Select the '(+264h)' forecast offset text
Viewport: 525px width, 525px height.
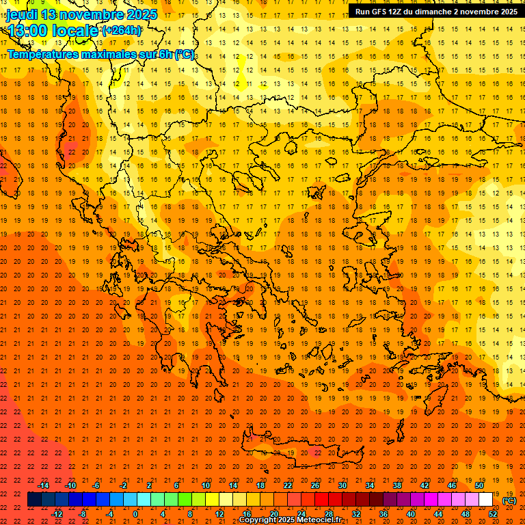[122, 31]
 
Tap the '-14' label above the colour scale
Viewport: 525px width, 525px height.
[44, 485]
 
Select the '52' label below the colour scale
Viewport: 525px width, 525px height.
[493, 514]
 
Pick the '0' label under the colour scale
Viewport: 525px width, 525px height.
[135, 514]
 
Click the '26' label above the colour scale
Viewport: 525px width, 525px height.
[315, 485]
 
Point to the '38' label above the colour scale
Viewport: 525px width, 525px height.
[397, 485]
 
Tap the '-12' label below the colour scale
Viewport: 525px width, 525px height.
[57, 514]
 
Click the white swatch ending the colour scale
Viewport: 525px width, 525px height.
[485, 500]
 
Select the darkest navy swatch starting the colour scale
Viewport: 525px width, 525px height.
[34, 500]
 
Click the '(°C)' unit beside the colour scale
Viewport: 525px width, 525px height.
[509, 500]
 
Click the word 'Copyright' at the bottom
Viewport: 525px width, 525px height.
[258, 520]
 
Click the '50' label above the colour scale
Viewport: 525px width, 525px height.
[479, 485]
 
